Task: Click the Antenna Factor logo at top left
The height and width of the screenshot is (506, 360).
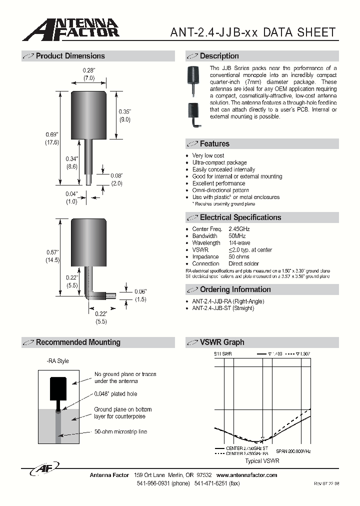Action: point(70,29)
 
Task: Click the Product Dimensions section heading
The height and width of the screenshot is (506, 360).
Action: point(70,56)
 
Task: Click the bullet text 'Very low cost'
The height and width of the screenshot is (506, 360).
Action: point(208,155)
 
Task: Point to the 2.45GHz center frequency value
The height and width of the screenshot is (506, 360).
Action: point(239,229)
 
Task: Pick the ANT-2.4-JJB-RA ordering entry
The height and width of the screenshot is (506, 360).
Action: point(228,301)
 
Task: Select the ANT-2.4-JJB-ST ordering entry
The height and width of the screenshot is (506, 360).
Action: point(223,308)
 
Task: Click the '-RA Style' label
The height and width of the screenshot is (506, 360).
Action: point(57,361)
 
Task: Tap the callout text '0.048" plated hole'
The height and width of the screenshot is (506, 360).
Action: point(115,394)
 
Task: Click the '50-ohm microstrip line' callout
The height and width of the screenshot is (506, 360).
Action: point(120,431)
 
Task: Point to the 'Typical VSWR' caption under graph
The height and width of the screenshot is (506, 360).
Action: point(262,460)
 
